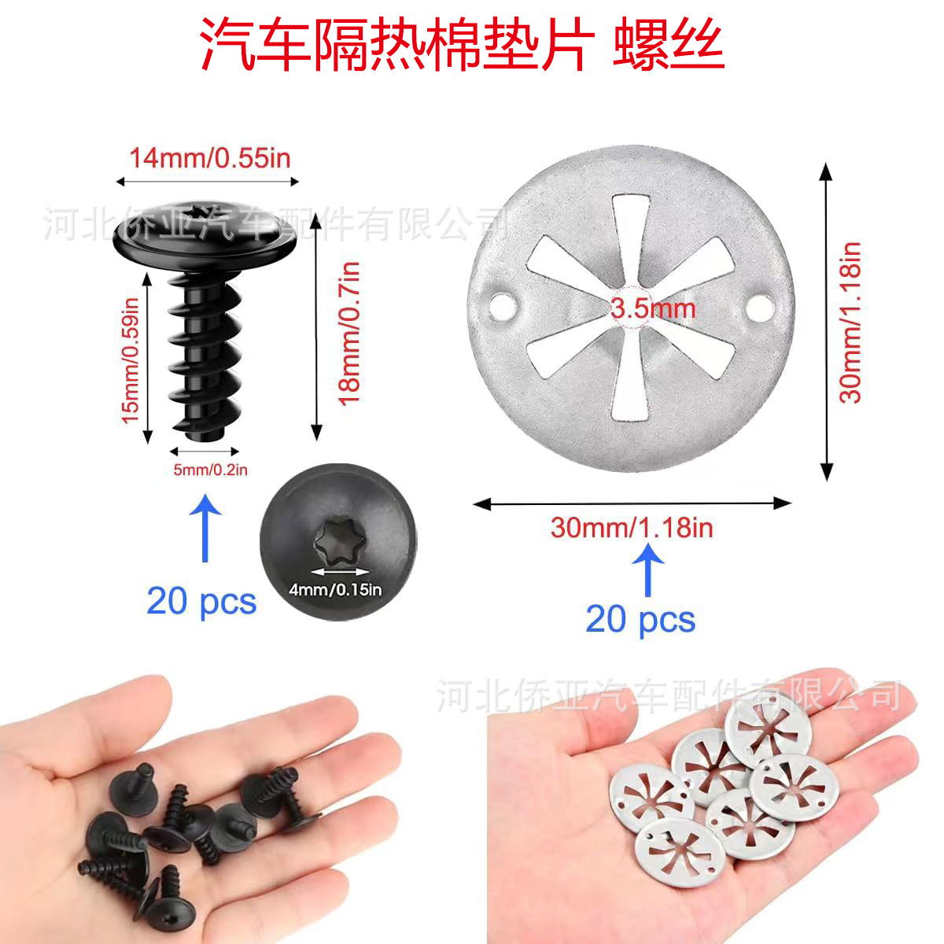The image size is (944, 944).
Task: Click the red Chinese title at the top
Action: pos(463,46)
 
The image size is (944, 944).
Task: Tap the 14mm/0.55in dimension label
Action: pos(210,158)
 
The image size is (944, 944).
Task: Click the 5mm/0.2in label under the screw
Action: pos(210,470)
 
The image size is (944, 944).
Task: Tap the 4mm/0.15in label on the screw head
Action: pos(335,588)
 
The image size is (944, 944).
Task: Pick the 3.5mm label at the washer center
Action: pos(653,308)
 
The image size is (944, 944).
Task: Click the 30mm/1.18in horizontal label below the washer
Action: pos(632,527)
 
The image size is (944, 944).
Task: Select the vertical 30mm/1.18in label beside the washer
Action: pos(850,323)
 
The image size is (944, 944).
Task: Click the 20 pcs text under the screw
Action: pos(201,602)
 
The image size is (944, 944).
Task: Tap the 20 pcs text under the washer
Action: pos(640,619)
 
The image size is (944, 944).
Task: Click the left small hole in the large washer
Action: pos(501,304)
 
